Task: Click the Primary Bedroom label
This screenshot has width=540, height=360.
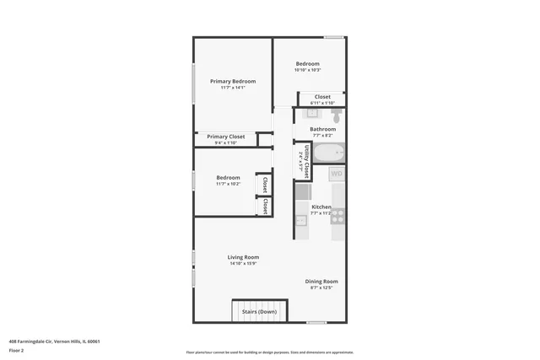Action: [x=232, y=81]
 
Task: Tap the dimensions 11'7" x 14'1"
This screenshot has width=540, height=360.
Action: [x=232, y=88]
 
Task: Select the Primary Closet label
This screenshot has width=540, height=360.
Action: [x=225, y=136]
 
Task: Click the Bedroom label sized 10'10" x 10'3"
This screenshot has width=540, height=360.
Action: [x=307, y=64]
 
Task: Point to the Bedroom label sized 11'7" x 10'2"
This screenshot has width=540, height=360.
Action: [x=228, y=178]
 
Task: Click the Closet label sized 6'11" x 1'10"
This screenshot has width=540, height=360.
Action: [x=322, y=97]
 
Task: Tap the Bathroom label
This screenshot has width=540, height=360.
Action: [x=322, y=129]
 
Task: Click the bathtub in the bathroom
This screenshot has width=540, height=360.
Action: [x=324, y=154]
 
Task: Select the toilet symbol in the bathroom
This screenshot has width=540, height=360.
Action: [x=337, y=114]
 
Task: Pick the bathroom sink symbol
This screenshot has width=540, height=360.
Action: [x=311, y=113]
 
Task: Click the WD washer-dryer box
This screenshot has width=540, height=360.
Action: [x=337, y=174]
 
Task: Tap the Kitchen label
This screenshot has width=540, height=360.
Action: [x=321, y=207]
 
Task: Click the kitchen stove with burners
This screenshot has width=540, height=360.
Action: [x=337, y=216]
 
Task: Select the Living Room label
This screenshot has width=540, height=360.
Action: [x=243, y=257]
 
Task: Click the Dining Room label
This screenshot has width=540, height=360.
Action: [x=321, y=282]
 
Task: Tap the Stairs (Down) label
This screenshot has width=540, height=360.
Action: [x=258, y=312]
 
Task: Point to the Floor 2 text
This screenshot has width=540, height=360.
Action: [x=16, y=350]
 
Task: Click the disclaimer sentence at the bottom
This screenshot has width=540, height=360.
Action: [x=269, y=352]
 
